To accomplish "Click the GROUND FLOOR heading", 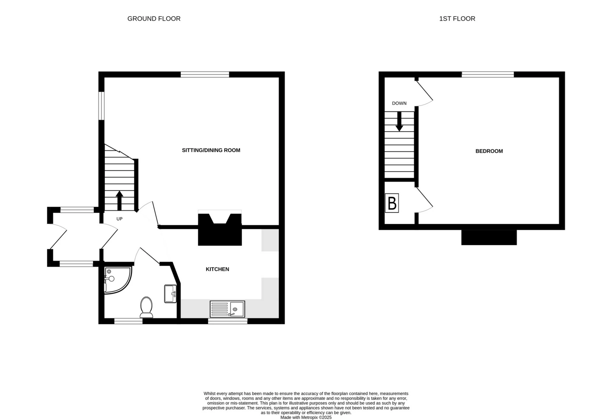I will point(154,19).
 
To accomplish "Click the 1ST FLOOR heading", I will point(457,19).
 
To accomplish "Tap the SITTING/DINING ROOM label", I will point(211,150).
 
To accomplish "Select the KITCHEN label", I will point(217,269).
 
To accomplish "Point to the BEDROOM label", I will point(489,151).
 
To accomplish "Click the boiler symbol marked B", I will point(392,203).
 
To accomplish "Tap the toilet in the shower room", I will point(146,307).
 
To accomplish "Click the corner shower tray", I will point(116,279).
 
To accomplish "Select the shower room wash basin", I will point(170,293).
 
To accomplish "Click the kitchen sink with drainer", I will point(227,309).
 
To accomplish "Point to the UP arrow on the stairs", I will point(120,200).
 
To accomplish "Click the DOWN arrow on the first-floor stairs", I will point(399,122).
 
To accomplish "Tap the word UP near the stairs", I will point(120,219).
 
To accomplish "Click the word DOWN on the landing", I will point(399,103).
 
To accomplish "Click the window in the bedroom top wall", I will point(488,75).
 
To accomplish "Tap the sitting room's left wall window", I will point(101,106).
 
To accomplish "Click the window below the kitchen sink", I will point(228,321).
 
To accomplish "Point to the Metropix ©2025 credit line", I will point(306,417).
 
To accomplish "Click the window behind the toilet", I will point(128,321).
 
